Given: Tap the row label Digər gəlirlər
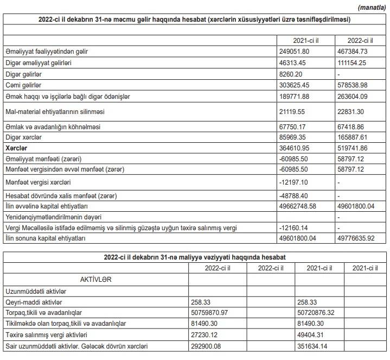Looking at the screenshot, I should (x=23, y=74).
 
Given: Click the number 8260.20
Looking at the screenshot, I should (x=289, y=74).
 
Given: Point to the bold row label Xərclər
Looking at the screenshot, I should (x=16, y=148).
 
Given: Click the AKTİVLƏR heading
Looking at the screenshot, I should (x=97, y=279).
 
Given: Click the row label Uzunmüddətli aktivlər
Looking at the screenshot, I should (x=35, y=291).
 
